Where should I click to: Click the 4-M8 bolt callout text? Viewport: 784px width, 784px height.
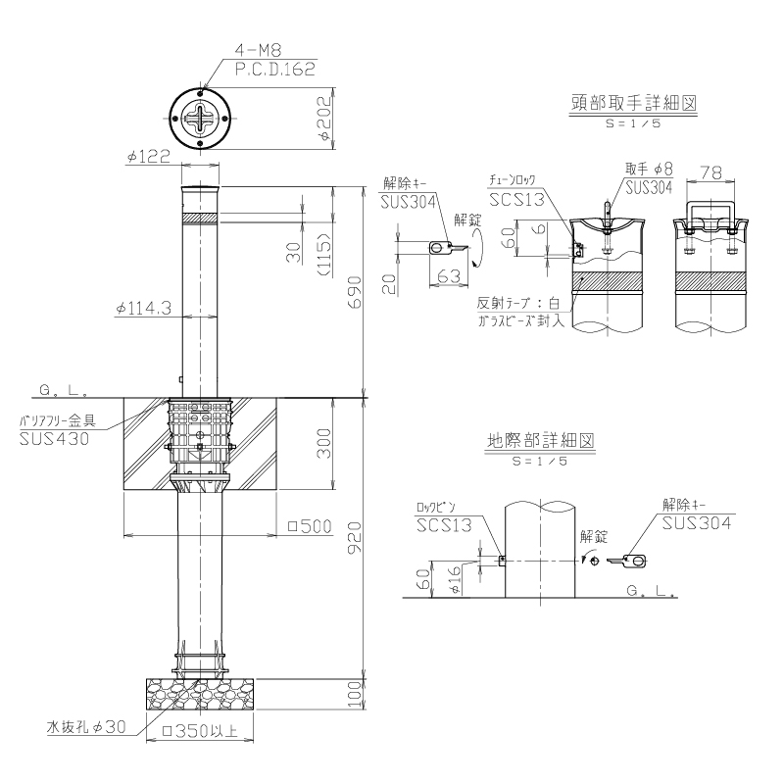[259, 50]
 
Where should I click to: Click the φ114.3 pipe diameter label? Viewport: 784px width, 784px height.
[143, 308]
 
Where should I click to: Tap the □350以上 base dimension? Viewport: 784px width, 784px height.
[203, 731]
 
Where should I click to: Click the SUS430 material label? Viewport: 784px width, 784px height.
[54, 439]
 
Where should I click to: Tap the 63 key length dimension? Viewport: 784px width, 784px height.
[448, 276]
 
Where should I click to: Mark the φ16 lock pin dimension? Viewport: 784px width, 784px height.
[456, 581]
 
